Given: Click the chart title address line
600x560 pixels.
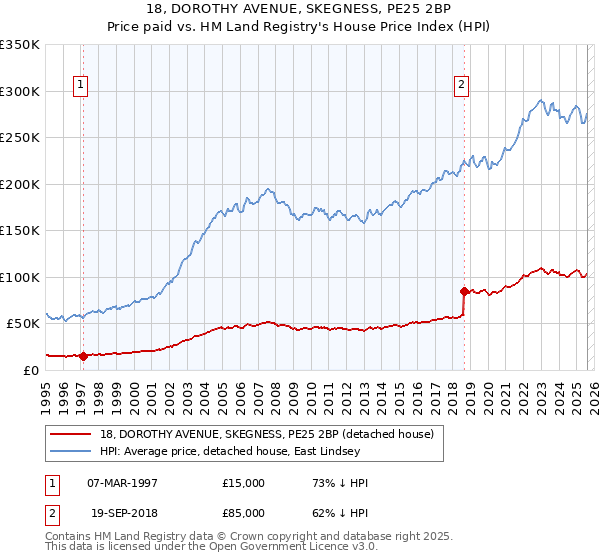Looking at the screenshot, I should [x=300, y=9].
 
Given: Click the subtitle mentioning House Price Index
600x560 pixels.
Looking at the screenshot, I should [x=300, y=26].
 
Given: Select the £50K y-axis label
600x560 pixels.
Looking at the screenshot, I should [x=23, y=323].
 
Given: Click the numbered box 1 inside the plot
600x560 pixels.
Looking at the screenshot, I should [x=80, y=86].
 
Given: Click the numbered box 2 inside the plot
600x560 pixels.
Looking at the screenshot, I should [x=461, y=86].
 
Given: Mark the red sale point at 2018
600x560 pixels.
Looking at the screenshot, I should [x=464, y=291].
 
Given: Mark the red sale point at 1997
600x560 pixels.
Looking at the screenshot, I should [x=84, y=356].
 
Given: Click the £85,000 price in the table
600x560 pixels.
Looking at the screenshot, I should [x=244, y=512].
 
